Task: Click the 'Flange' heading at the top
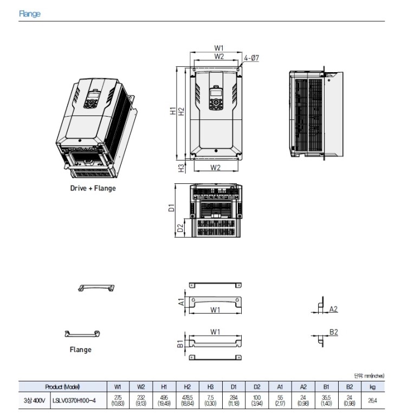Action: (x=30, y=14)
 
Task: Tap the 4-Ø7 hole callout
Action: (x=251, y=58)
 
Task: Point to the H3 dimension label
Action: (x=181, y=168)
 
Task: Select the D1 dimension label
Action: (x=172, y=207)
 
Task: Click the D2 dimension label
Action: (x=180, y=228)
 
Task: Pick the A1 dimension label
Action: (x=181, y=302)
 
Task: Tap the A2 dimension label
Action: (x=333, y=309)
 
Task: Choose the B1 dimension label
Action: (x=180, y=344)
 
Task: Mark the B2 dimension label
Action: (x=334, y=332)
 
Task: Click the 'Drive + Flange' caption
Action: (x=93, y=188)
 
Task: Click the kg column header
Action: (x=372, y=387)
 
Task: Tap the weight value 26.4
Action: (x=372, y=400)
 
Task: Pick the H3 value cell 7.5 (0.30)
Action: (x=210, y=400)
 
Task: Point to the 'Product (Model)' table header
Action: (x=62, y=387)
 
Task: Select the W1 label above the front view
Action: (x=219, y=48)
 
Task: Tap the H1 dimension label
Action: (x=173, y=111)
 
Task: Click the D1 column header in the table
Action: (x=234, y=387)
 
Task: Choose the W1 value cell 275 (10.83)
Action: (x=118, y=400)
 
